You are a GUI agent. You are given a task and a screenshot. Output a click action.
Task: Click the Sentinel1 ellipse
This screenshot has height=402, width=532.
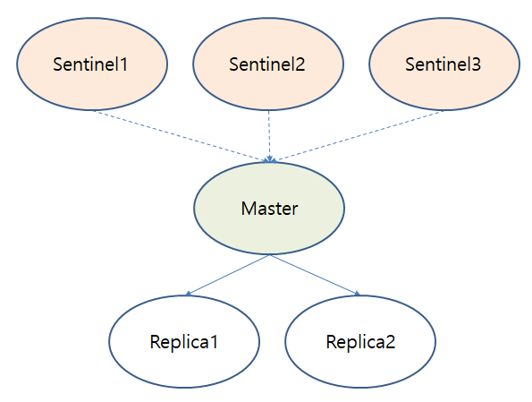pyautogui.click(x=92, y=64)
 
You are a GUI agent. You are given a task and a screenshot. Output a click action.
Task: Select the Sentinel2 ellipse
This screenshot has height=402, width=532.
pyautogui.click(x=268, y=64)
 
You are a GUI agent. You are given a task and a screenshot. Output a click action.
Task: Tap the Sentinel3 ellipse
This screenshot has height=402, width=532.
pyautogui.click(x=444, y=64)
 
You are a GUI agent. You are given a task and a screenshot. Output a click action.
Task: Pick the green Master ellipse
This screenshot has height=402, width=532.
pyautogui.click(x=269, y=209)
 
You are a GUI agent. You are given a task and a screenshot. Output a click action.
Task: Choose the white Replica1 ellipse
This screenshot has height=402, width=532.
pyautogui.click(x=184, y=342)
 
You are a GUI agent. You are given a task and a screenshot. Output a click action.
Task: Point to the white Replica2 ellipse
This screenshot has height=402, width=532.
pyautogui.click(x=360, y=342)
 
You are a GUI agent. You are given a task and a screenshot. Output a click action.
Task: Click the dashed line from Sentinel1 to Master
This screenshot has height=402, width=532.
pyautogui.click(x=179, y=135)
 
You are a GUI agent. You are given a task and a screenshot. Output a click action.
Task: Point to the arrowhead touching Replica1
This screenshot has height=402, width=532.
pyautogui.click(x=188, y=293)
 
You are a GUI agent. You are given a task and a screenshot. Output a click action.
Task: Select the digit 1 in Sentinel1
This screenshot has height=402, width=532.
pyautogui.click(x=126, y=64)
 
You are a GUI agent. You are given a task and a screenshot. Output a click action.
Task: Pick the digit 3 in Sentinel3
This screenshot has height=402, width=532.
pyautogui.click(x=478, y=64)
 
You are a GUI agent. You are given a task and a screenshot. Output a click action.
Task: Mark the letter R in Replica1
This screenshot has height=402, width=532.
pyautogui.click(x=155, y=342)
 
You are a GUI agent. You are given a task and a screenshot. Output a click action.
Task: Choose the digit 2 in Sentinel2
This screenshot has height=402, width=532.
pyautogui.click(x=302, y=64)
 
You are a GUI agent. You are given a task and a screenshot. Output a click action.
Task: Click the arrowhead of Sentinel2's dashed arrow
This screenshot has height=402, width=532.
pyautogui.click(x=269, y=158)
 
